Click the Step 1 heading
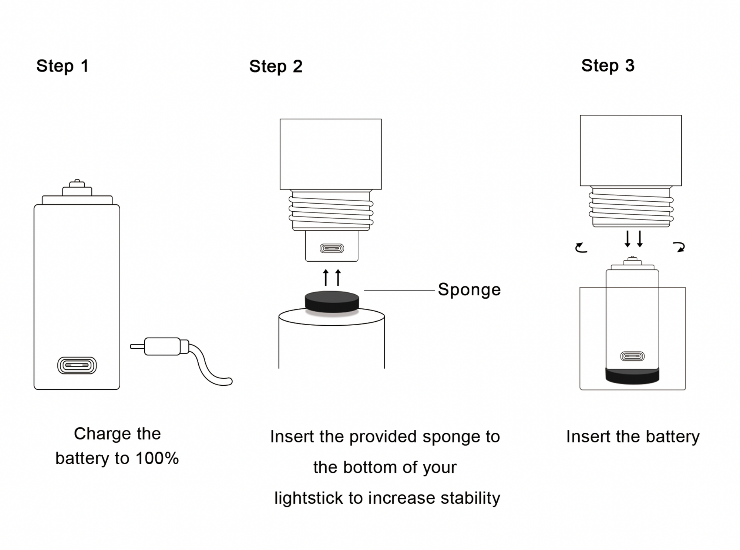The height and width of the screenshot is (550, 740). click(x=62, y=66)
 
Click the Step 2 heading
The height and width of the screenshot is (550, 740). click(x=276, y=67)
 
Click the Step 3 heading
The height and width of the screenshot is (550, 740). click(x=608, y=66)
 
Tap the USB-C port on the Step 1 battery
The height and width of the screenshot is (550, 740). click(x=77, y=365)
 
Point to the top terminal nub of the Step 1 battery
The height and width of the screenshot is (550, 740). click(x=77, y=182)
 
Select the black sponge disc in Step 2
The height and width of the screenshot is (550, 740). click(x=332, y=301)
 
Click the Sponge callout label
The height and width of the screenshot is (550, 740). click(x=469, y=289)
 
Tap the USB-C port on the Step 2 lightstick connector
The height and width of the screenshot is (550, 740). click(x=332, y=248)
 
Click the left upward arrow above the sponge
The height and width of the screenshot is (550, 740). click(x=326, y=277)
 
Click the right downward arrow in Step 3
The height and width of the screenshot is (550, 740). click(x=640, y=239)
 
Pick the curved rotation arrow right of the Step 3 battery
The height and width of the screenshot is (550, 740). click(x=679, y=247)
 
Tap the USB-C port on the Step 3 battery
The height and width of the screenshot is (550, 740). click(x=632, y=356)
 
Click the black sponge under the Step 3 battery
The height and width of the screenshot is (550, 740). click(x=632, y=376)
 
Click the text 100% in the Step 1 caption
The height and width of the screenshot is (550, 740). click(x=157, y=458)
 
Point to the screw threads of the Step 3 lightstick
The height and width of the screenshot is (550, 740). click(x=631, y=207)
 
